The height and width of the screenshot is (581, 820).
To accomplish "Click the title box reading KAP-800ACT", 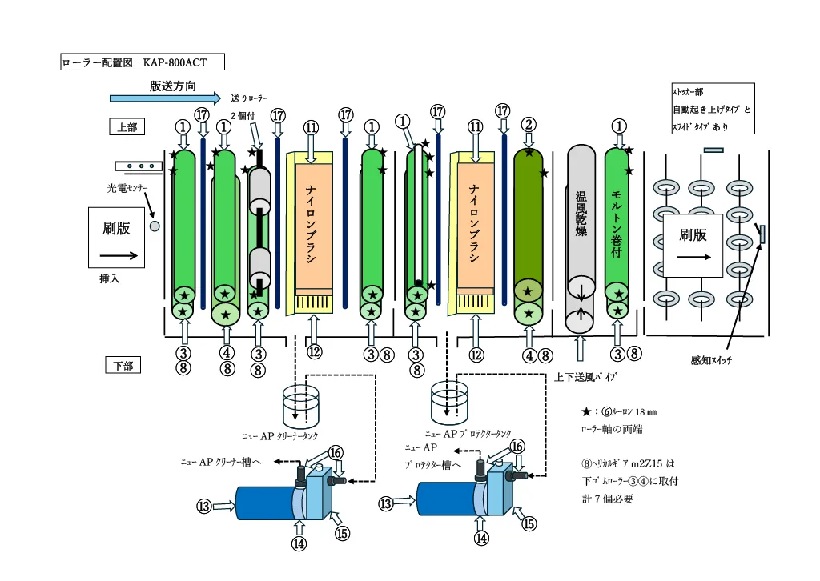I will point(143,62).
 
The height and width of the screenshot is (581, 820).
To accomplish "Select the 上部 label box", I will point(127,126).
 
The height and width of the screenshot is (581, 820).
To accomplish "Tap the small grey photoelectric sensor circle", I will point(155,226).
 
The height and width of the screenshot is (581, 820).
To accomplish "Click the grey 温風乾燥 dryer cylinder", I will point(582,232).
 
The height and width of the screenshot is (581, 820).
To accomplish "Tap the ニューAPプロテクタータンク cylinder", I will point(449,404).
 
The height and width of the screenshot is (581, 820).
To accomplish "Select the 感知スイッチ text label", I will point(711,360).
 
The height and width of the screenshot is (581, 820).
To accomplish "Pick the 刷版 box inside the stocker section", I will point(693,243).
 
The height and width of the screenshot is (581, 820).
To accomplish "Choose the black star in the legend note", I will point(587,411).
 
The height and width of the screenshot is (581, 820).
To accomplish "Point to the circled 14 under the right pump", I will point(481,539).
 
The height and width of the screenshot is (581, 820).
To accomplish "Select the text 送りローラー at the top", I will point(248,97).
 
